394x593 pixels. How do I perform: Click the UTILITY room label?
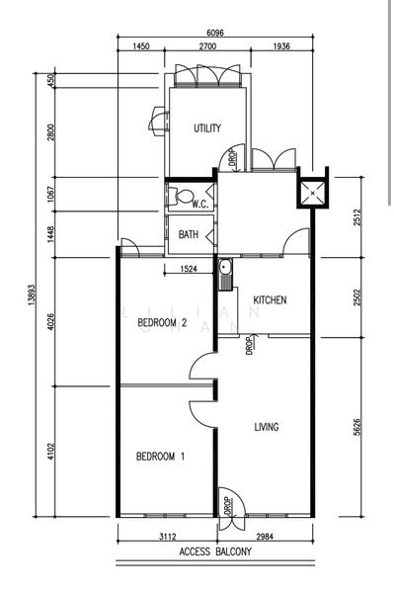206,127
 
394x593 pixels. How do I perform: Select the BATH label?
189,234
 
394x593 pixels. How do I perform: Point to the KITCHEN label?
270,300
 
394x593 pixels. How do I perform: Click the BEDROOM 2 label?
162,323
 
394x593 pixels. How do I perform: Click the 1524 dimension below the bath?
193,269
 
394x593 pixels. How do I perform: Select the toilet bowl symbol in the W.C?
176,194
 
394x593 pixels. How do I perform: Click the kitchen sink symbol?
226,268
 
